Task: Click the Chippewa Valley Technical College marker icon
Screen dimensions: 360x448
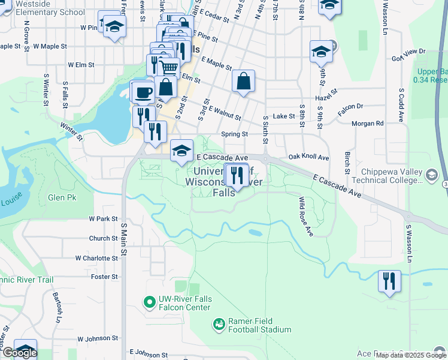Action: [431, 175]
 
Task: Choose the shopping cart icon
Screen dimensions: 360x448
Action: [169, 68]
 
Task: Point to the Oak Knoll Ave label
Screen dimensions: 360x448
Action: [308, 157]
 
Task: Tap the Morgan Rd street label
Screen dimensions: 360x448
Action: [371, 124]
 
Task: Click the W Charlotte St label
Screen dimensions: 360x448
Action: [96, 258]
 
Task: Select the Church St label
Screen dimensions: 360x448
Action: [103, 238]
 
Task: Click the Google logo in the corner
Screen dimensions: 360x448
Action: [19, 353]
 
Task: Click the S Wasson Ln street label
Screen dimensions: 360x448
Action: [410, 244]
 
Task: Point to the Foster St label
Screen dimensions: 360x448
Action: [105, 277]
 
